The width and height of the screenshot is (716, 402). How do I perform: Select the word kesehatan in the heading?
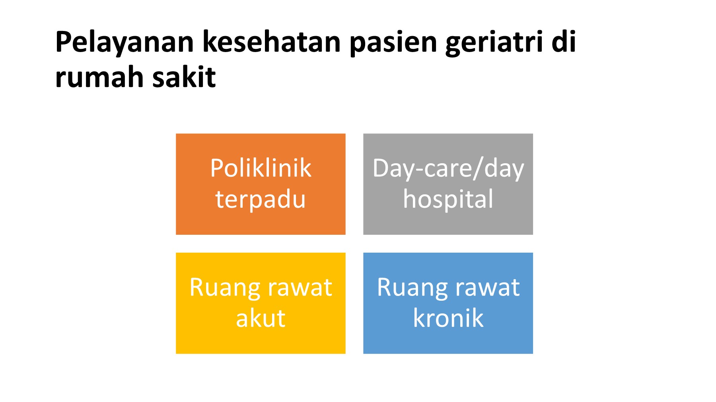tap(272, 41)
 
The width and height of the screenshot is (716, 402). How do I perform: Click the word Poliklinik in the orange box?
tap(261, 168)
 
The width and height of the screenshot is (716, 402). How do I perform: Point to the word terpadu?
tap(261, 199)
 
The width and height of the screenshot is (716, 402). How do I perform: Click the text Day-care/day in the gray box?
tap(448, 168)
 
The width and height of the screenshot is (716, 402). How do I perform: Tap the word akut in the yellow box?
tap(261, 318)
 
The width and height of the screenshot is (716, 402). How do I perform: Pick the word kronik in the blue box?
tap(448, 318)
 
